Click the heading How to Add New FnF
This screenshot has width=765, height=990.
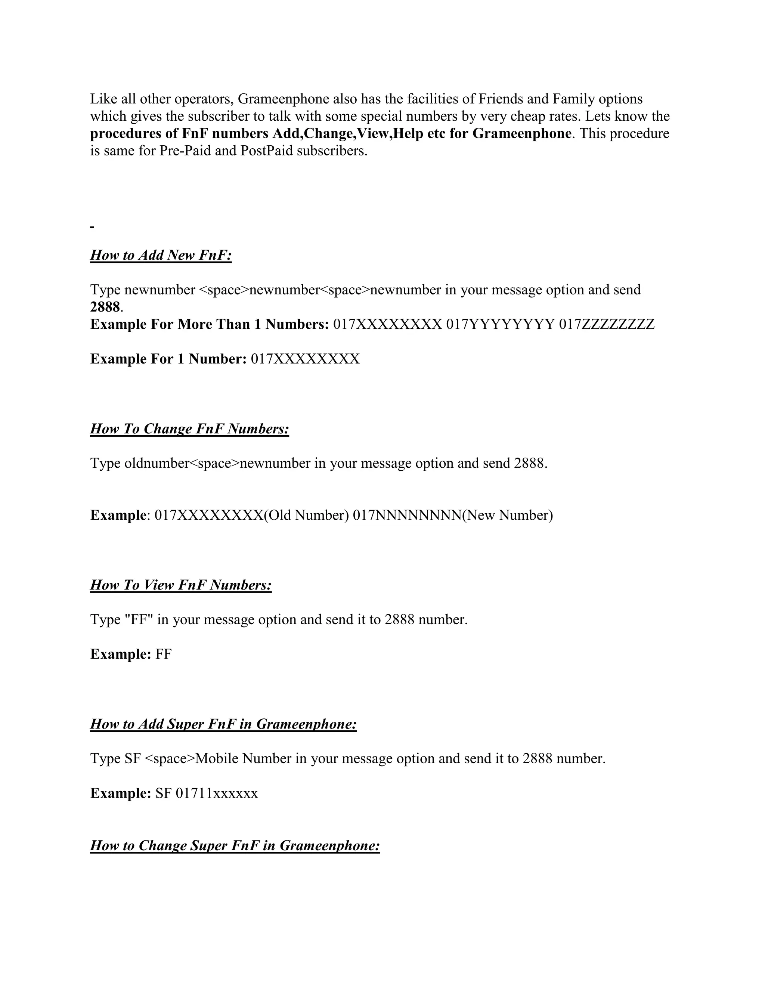161,255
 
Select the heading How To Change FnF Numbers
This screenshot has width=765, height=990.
189,429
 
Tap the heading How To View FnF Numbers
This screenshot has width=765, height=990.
181,585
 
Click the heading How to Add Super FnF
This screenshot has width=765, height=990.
223,724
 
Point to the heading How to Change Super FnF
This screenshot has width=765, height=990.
235,846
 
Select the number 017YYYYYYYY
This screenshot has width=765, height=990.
500,325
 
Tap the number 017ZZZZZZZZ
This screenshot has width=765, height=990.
607,325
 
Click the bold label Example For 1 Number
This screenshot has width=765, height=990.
168,359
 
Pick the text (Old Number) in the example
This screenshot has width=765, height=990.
306,516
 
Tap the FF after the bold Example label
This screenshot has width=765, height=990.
164,655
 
